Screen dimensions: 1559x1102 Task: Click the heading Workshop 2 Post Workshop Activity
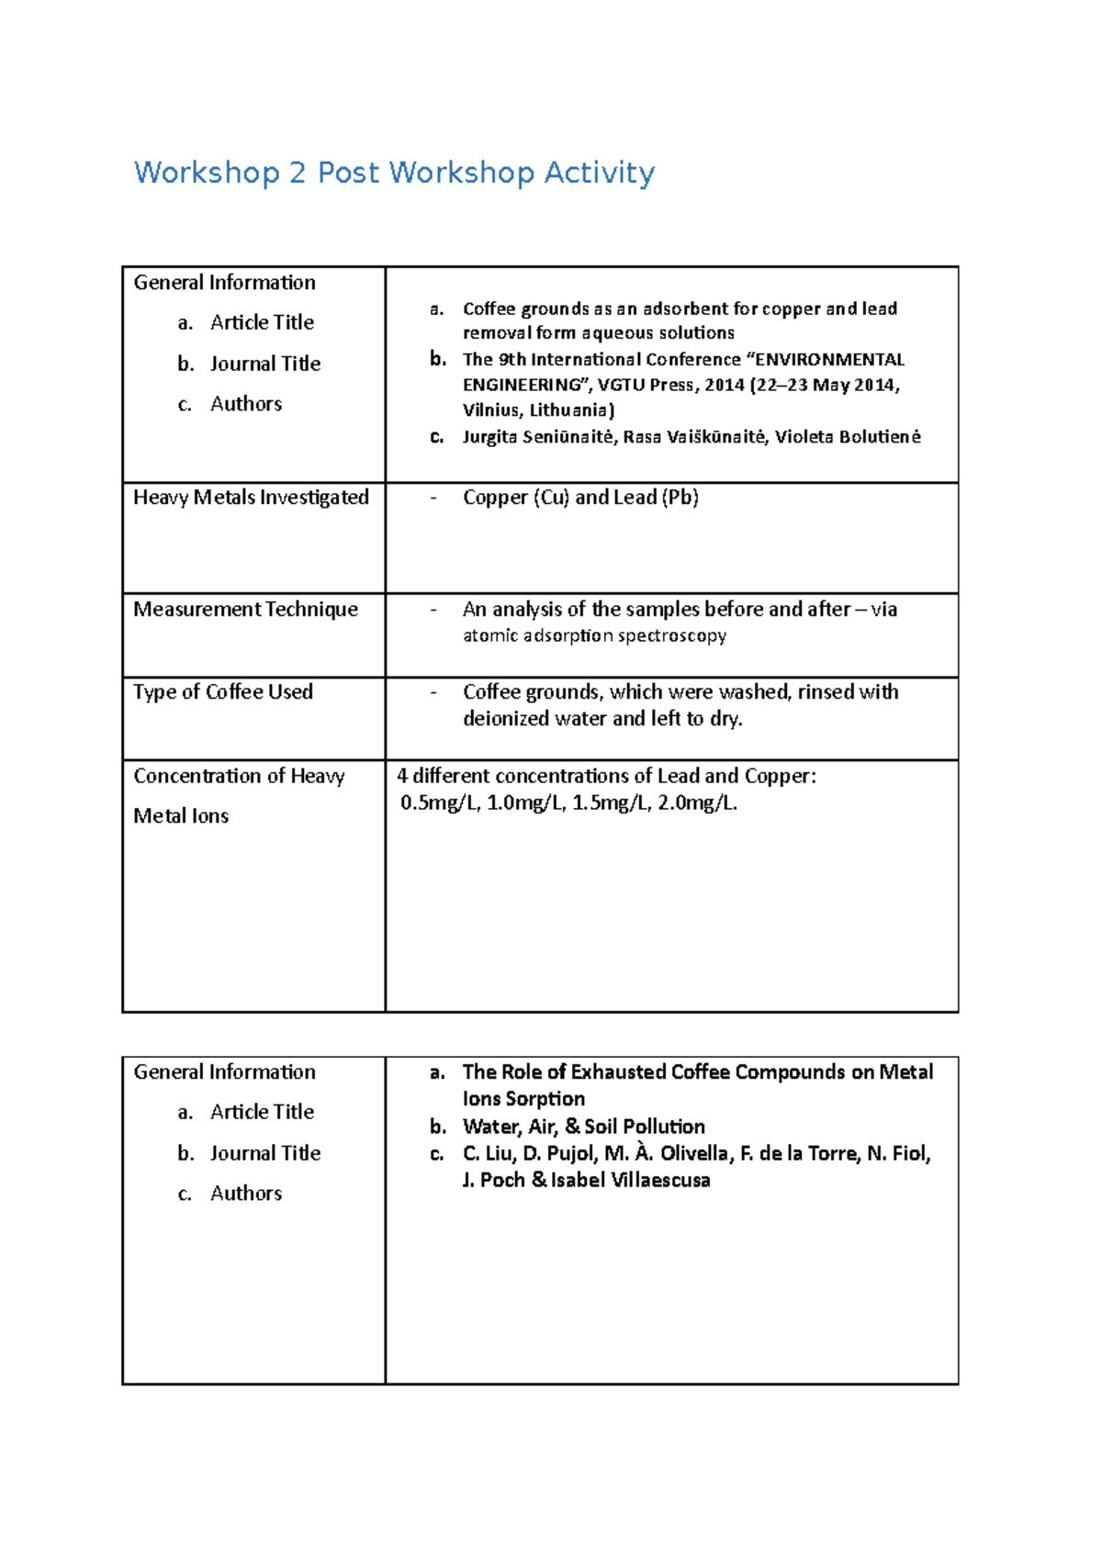(394, 173)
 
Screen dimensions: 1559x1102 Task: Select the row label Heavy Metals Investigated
(251, 498)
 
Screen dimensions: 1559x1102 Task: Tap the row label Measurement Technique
(245, 610)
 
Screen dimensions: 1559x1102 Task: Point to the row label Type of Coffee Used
(223, 692)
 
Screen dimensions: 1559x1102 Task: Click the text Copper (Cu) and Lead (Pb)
(580, 498)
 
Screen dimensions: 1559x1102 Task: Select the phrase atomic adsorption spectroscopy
(594, 636)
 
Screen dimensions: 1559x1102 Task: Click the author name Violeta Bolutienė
(847, 437)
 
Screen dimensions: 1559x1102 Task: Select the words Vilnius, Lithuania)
(538, 410)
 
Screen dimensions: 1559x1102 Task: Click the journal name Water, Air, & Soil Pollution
(584, 1127)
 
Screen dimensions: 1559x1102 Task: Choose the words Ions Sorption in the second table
(523, 1099)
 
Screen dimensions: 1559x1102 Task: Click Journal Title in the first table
(265, 364)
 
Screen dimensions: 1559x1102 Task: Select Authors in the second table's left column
(246, 1194)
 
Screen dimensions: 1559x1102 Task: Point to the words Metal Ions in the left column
(181, 816)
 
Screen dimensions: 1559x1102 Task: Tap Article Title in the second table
(262, 1112)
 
